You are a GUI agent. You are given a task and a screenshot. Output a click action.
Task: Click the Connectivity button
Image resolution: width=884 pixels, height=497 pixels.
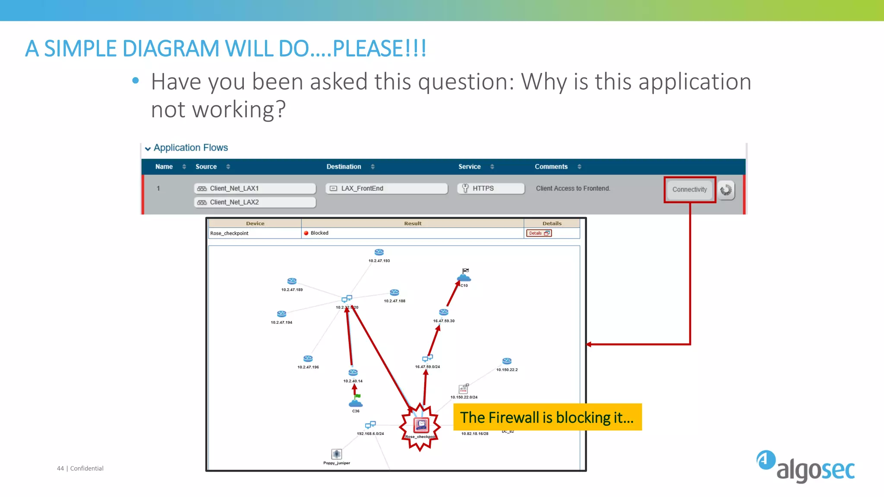tap(689, 189)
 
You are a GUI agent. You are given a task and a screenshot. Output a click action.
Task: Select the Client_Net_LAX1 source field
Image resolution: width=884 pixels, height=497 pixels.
tap(255, 189)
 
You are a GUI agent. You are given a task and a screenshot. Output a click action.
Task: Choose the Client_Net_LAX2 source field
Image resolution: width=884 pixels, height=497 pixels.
tap(255, 202)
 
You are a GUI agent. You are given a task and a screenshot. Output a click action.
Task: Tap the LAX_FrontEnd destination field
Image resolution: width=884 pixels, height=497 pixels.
tap(386, 189)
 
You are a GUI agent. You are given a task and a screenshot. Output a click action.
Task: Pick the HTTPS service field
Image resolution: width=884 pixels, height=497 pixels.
tap(491, 189)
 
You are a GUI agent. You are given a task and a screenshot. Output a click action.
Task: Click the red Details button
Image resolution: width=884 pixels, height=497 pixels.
tap(539, 233)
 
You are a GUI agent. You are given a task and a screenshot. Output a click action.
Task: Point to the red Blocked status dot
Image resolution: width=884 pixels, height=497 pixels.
tap(306, 233)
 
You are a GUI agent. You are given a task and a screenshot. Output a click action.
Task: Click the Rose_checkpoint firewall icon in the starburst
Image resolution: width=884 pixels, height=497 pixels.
tap(421, 425)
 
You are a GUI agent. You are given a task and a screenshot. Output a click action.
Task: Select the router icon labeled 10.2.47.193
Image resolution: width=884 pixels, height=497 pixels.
tap(379, 252)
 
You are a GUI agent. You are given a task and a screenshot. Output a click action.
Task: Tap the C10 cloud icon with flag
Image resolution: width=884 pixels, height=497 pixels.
tap(464, 275)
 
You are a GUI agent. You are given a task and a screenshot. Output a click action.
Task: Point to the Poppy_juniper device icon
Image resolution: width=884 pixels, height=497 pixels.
tap(337, 454)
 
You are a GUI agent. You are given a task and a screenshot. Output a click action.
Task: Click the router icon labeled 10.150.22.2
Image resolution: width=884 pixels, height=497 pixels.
tap(507, 361)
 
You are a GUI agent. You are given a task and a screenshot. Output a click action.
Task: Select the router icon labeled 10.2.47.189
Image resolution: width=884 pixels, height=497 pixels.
tap(292, 281)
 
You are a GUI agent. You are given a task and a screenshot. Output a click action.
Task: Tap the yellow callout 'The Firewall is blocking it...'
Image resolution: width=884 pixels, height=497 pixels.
tap(547, 417)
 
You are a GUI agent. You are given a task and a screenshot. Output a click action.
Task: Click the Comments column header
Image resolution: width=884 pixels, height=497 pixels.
tap(551, 167)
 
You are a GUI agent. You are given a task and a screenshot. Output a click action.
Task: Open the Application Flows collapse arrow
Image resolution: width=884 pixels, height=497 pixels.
tap(148, 149)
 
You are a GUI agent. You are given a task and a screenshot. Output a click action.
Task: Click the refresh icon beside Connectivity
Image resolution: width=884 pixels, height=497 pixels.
tap(726, 190)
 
